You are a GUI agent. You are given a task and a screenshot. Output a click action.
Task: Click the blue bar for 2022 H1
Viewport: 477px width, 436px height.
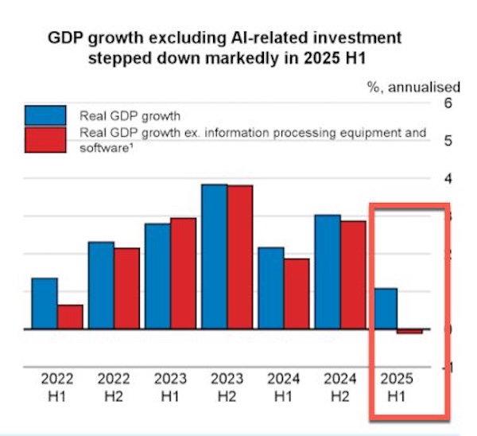[45, 303]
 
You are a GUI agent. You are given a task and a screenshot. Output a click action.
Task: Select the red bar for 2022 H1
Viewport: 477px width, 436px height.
[70, 317]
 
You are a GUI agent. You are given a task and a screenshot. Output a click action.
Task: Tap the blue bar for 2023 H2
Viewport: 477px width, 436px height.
[215, 256]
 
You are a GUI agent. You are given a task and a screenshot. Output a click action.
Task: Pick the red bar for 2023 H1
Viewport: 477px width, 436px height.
[183, 273]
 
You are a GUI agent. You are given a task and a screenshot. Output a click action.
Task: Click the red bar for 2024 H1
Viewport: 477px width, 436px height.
[297, 294]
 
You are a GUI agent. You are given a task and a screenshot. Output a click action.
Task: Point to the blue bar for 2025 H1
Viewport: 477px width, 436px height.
[386, 308]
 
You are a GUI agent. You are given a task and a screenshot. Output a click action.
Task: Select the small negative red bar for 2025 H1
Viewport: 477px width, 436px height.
[410, 331]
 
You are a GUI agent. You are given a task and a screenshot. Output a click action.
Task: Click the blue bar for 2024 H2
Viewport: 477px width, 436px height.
[328, 271]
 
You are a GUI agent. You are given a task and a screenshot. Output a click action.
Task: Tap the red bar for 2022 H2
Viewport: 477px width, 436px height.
[126, 288]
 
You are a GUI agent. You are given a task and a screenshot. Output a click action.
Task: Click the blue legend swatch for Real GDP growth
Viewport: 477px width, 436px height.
[45, 115]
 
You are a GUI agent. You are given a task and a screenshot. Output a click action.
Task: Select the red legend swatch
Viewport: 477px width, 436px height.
[45, 140]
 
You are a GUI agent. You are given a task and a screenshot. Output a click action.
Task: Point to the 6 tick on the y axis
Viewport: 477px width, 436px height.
[446, 103]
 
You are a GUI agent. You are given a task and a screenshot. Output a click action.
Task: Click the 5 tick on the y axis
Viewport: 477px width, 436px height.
[446, 141]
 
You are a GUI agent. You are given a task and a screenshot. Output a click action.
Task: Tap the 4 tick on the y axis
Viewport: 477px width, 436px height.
[446, 178]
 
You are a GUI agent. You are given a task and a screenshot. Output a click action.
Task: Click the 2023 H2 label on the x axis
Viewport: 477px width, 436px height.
[227, 387]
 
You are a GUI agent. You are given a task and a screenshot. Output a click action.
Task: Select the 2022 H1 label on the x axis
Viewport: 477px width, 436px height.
[57, 387]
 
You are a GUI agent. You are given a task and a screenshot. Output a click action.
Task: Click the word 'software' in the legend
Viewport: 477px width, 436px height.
[100, 148]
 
